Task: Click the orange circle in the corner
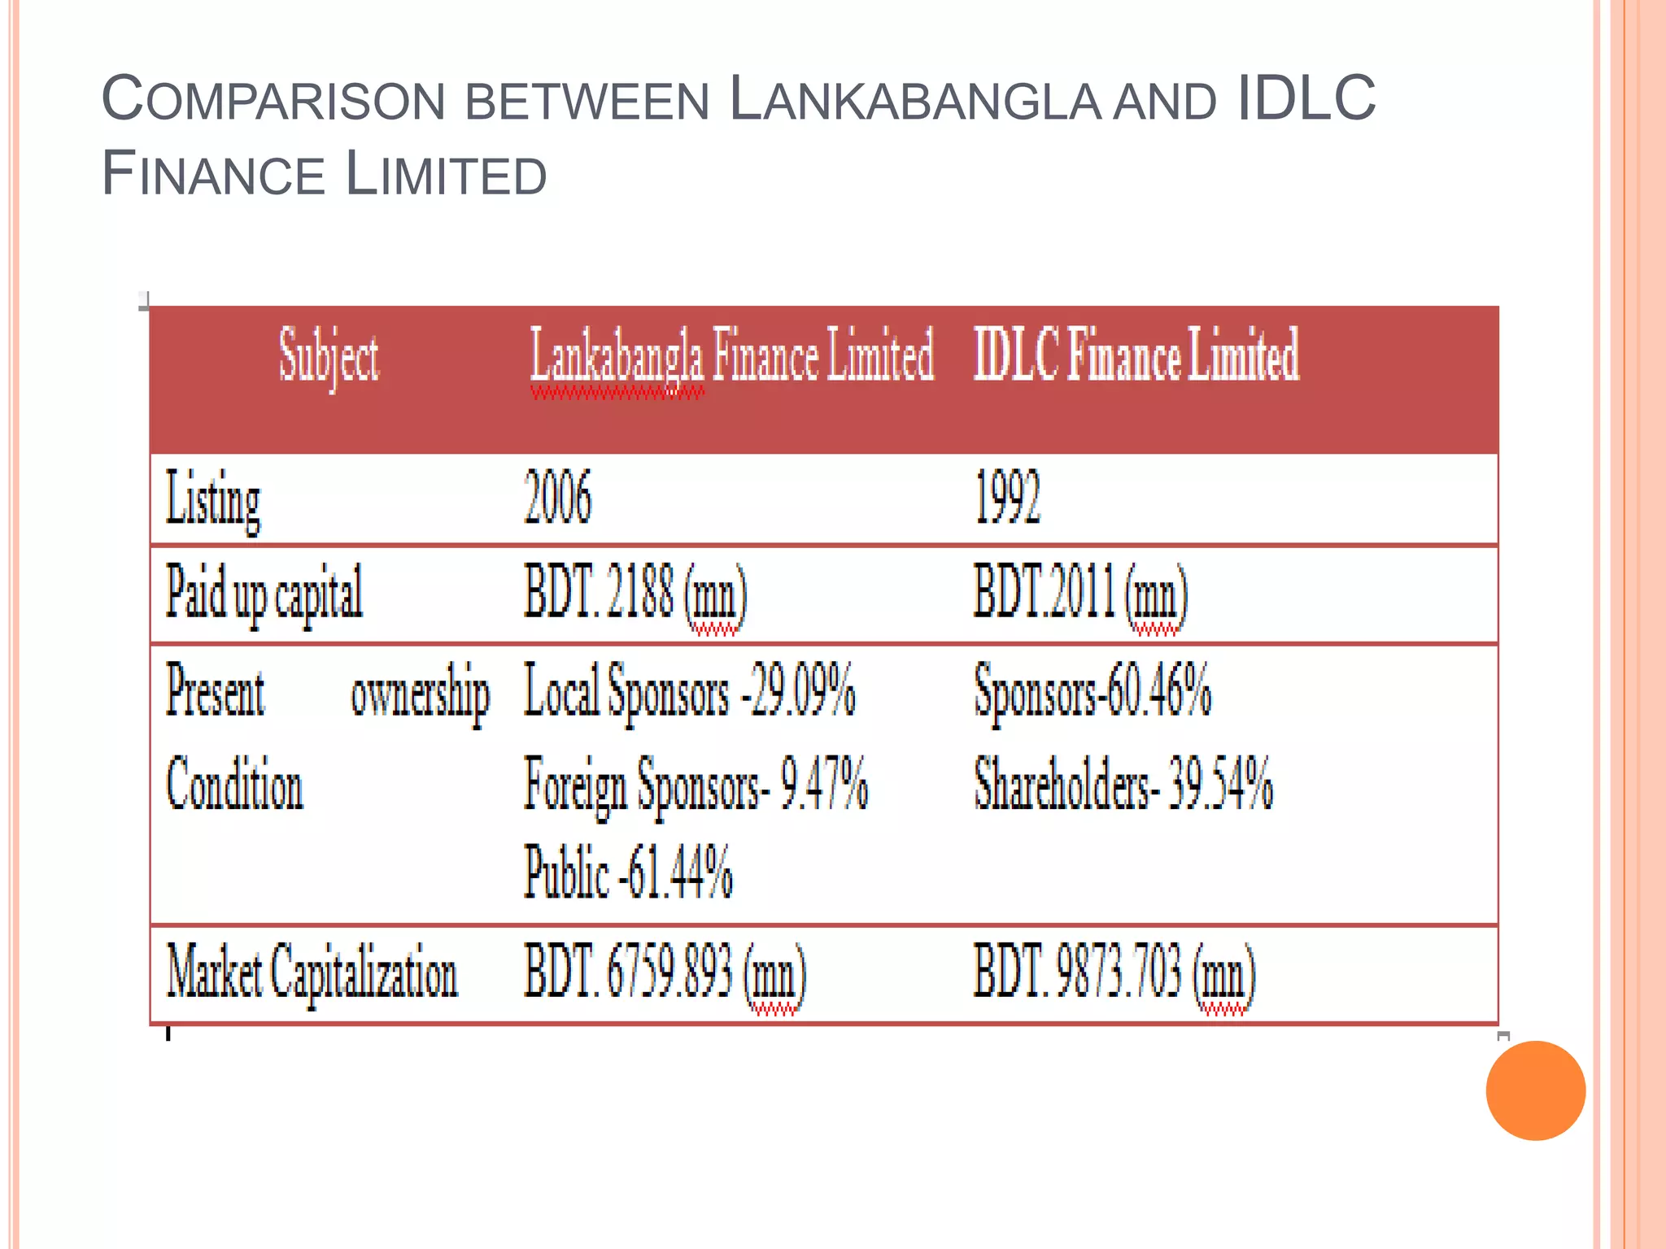click(1535, 1090)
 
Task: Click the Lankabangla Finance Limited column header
click(731, 356)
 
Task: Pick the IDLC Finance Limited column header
click(1136, 355)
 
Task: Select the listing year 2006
click(557, 497)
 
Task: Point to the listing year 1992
click(1007, 498)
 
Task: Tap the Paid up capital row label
click(264, 594)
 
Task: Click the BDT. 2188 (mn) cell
click(635, 594)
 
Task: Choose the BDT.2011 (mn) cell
click(1080, 594)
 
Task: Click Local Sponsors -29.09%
click(689, 691)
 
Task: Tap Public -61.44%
click(628, 873)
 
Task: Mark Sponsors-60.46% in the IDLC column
click(1092, 691)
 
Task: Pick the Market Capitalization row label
click(312, 973)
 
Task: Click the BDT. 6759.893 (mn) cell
click(665, 973)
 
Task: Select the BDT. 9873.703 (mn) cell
click(1114, 973)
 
